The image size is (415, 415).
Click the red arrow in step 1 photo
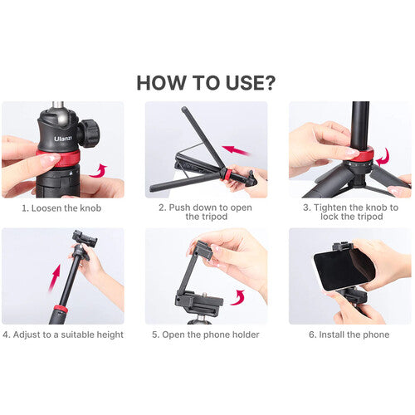pyautogui.click(x=101, y=170)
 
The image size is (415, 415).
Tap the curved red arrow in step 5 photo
pyautogui.click(x=240, y=295)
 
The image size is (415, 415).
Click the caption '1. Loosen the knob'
pyautogui.click(x=62, y=207)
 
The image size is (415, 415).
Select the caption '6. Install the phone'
pyautogui.click(x=349, y=334)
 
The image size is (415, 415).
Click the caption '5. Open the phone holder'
pyautogui.click(x=206, y=334)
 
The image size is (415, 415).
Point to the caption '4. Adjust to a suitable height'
pyautogui.click(x=62, y=334)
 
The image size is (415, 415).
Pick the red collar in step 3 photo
pyautogui.click(x=364, y=154)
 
